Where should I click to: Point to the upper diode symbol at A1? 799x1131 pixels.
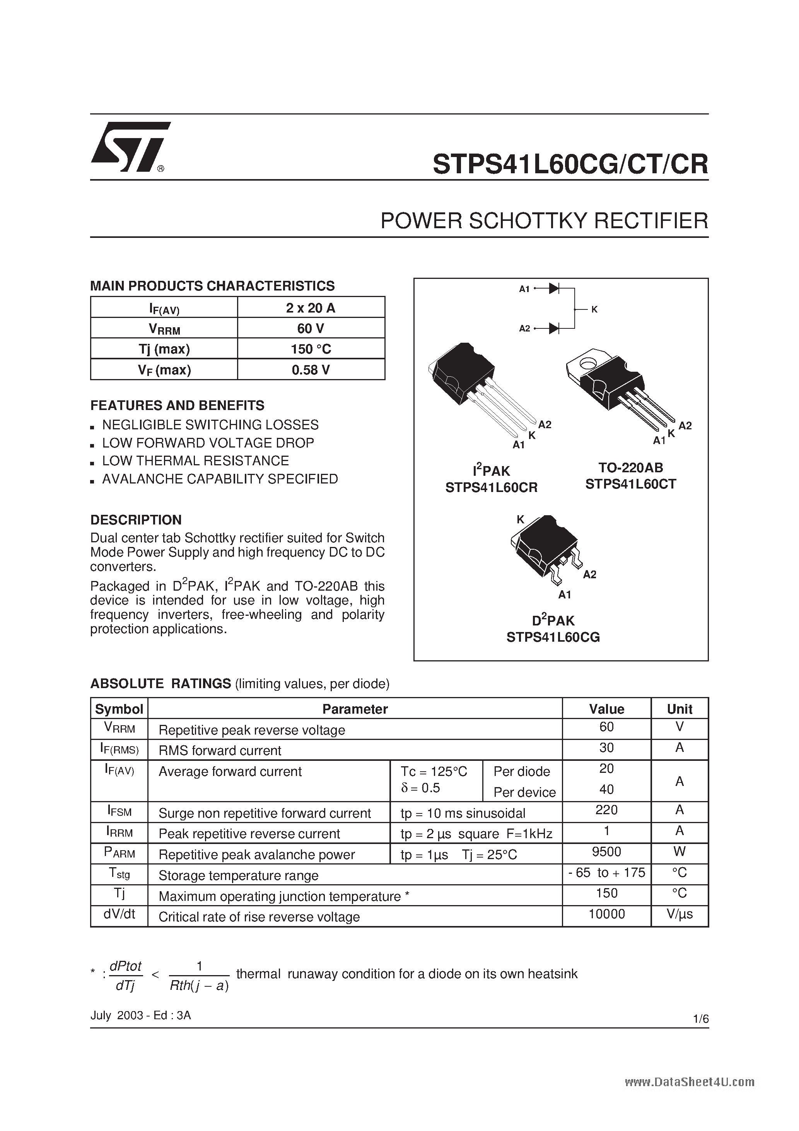point(554,289)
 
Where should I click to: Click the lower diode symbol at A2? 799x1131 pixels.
point(554,328)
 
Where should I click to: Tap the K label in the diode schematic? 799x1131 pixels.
point(594,309)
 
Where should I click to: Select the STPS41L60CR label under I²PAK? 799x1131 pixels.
point(491,487)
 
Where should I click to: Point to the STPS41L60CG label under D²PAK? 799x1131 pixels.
point(553,637)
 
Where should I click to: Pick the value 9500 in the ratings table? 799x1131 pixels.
point(606,852)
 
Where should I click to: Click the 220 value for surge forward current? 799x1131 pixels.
point(606,810)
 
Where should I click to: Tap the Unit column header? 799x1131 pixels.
point(679,709)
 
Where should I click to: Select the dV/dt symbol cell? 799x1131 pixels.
point(119,914)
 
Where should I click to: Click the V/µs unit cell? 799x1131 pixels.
point(679,914)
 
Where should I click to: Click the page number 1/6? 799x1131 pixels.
point(700,1019)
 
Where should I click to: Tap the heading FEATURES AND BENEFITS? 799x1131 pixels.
point(178,405)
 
